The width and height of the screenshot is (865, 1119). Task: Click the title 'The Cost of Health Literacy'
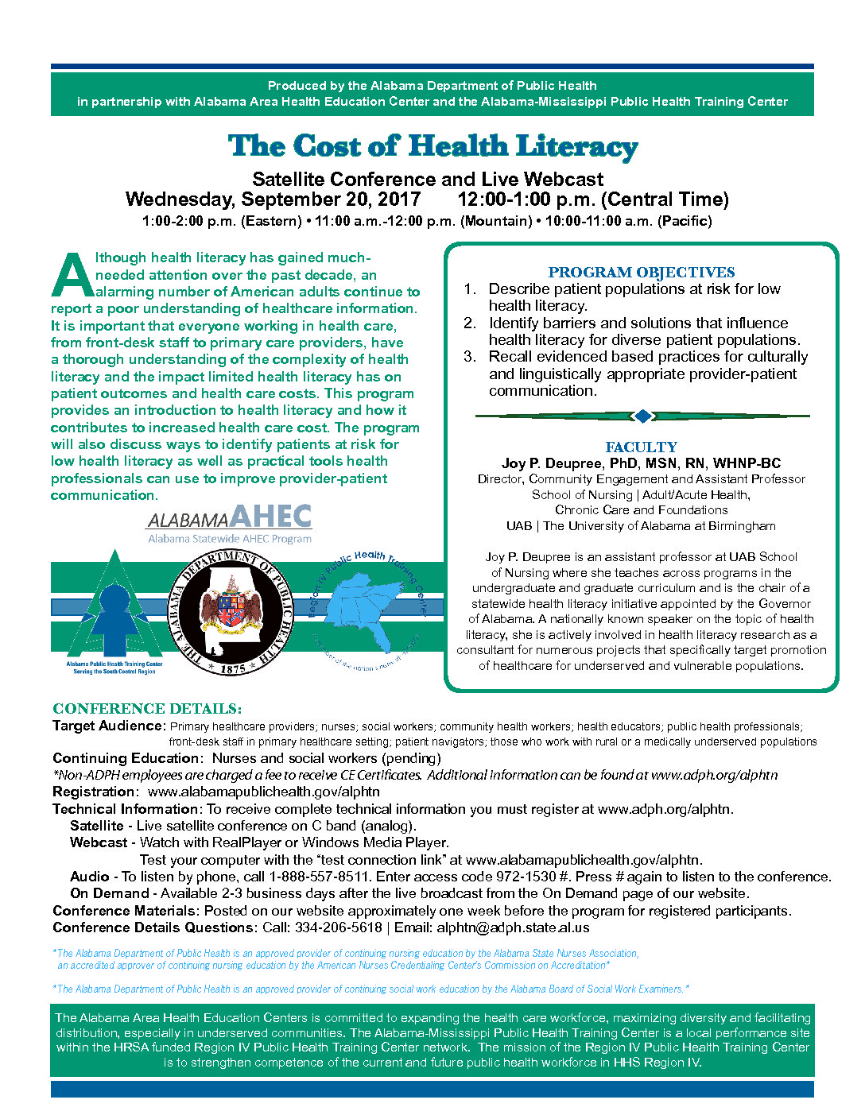tap(432, 146)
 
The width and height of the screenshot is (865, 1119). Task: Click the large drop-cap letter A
tap(72, 276)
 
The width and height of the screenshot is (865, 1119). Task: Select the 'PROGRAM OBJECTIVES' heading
tap(641, 273)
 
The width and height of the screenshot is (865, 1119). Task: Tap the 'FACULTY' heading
tap(641, 447)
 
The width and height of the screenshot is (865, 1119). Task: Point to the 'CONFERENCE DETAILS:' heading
tap(147, 709)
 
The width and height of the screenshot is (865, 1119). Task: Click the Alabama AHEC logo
tap(229, 525)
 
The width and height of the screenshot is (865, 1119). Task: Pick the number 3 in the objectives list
tap(470, 357)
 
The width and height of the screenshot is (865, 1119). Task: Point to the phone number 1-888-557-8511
tap(319, 877)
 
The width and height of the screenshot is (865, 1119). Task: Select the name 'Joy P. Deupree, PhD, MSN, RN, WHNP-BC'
tap(641, 463)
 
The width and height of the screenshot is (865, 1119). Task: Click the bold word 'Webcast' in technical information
tap(99, 842)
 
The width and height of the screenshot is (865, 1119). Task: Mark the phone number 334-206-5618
tap(338, 927)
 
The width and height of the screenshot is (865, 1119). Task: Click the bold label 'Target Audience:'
tap(109, 726)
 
